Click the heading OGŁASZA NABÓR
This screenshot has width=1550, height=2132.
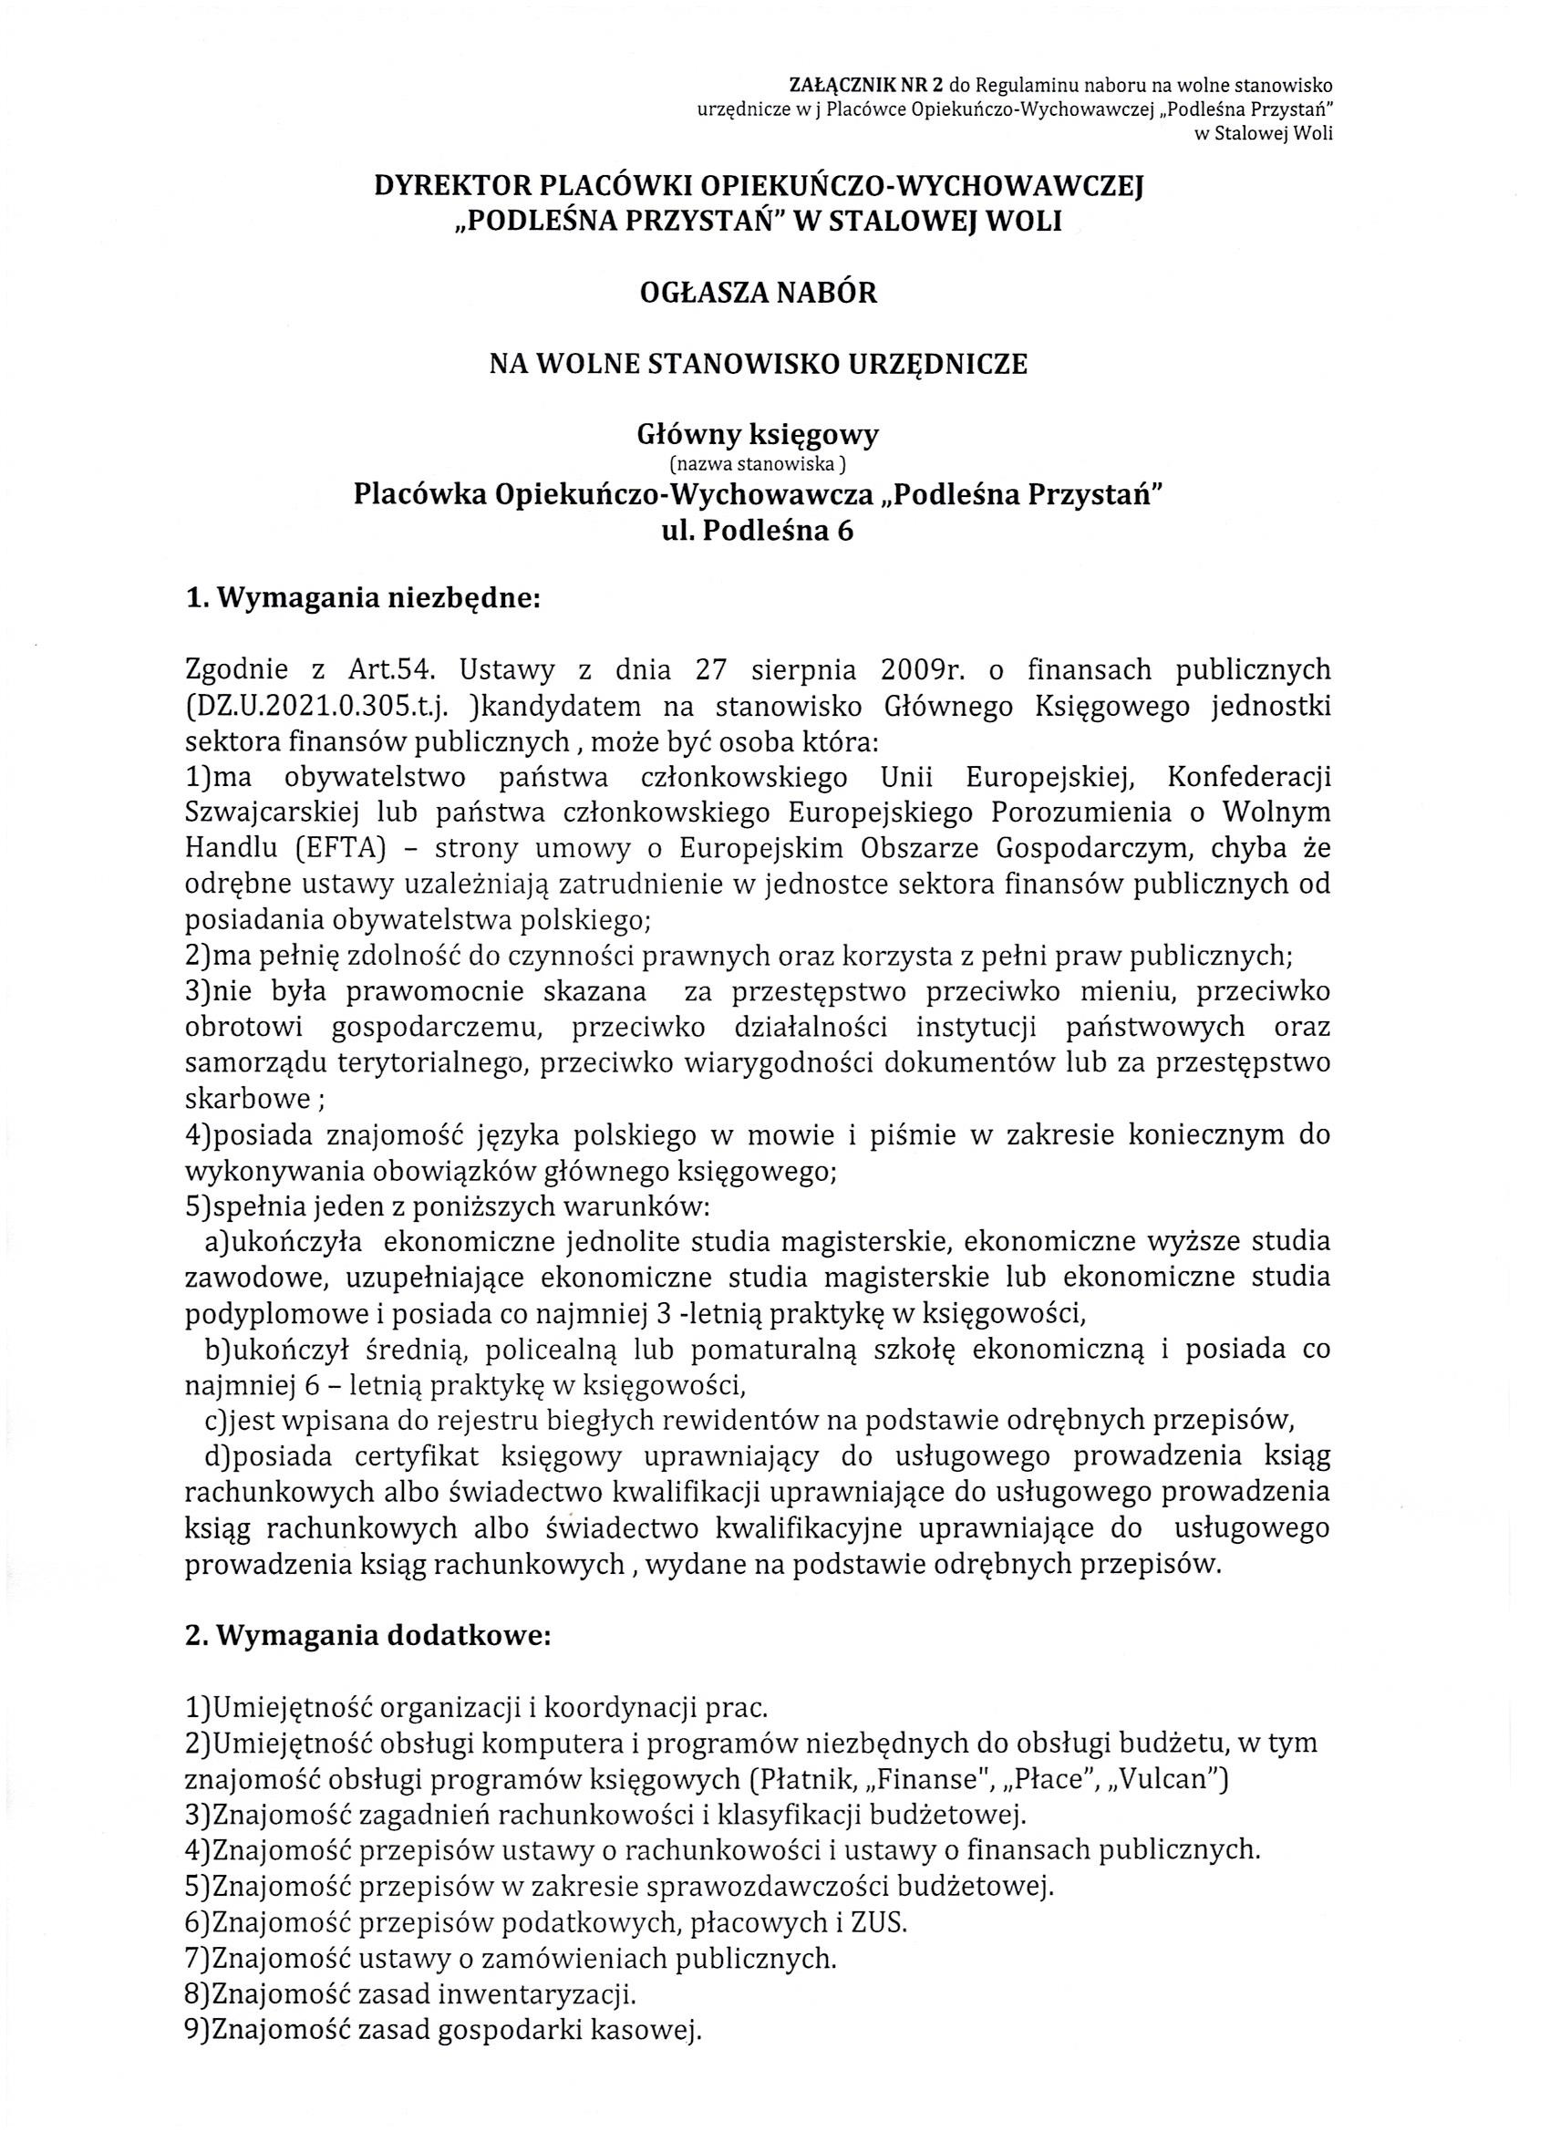pos(758,294)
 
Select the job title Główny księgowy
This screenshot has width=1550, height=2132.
pos(758,434)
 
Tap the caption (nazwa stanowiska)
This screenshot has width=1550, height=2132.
pos(758,462)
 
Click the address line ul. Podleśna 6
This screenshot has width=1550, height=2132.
pos(758,531)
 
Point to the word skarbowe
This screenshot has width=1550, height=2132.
pos(246,1099)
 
